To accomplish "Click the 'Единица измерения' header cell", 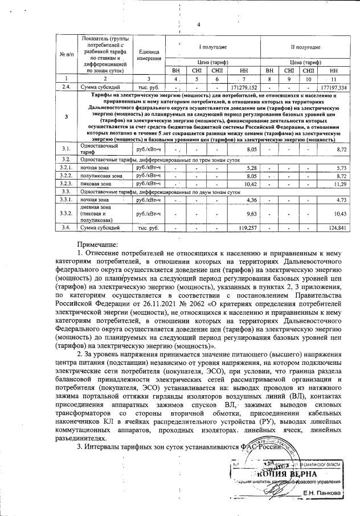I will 147,55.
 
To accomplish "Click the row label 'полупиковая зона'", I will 101,176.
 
